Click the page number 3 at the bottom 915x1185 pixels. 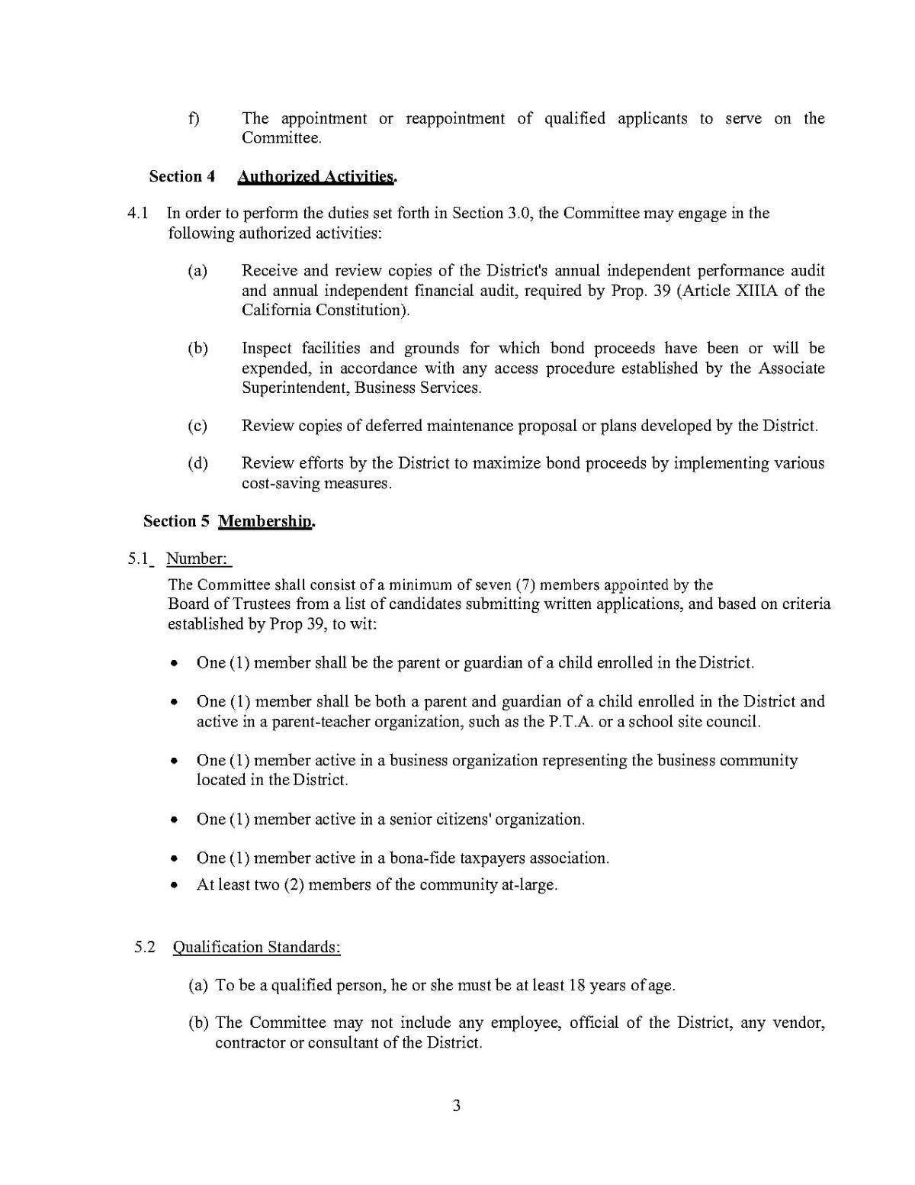point(456,1106)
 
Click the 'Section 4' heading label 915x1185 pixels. point(181,177)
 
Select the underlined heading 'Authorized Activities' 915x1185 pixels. point(316,177)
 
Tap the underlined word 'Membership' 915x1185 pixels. point(265,521)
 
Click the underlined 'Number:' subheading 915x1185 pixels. point(197,559)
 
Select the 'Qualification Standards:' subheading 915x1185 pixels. point(256,947)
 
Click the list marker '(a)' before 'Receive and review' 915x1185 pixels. point(197,271)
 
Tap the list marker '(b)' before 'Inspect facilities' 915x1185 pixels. point(197,349)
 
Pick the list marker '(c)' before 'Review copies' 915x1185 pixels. point(197,426)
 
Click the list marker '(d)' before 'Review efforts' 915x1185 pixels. point(197,463)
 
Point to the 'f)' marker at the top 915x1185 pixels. point(194,119)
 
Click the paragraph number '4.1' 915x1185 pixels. point(138,214)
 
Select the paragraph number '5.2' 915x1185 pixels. point(145,947)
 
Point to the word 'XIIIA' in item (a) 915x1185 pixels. point(775,291)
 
